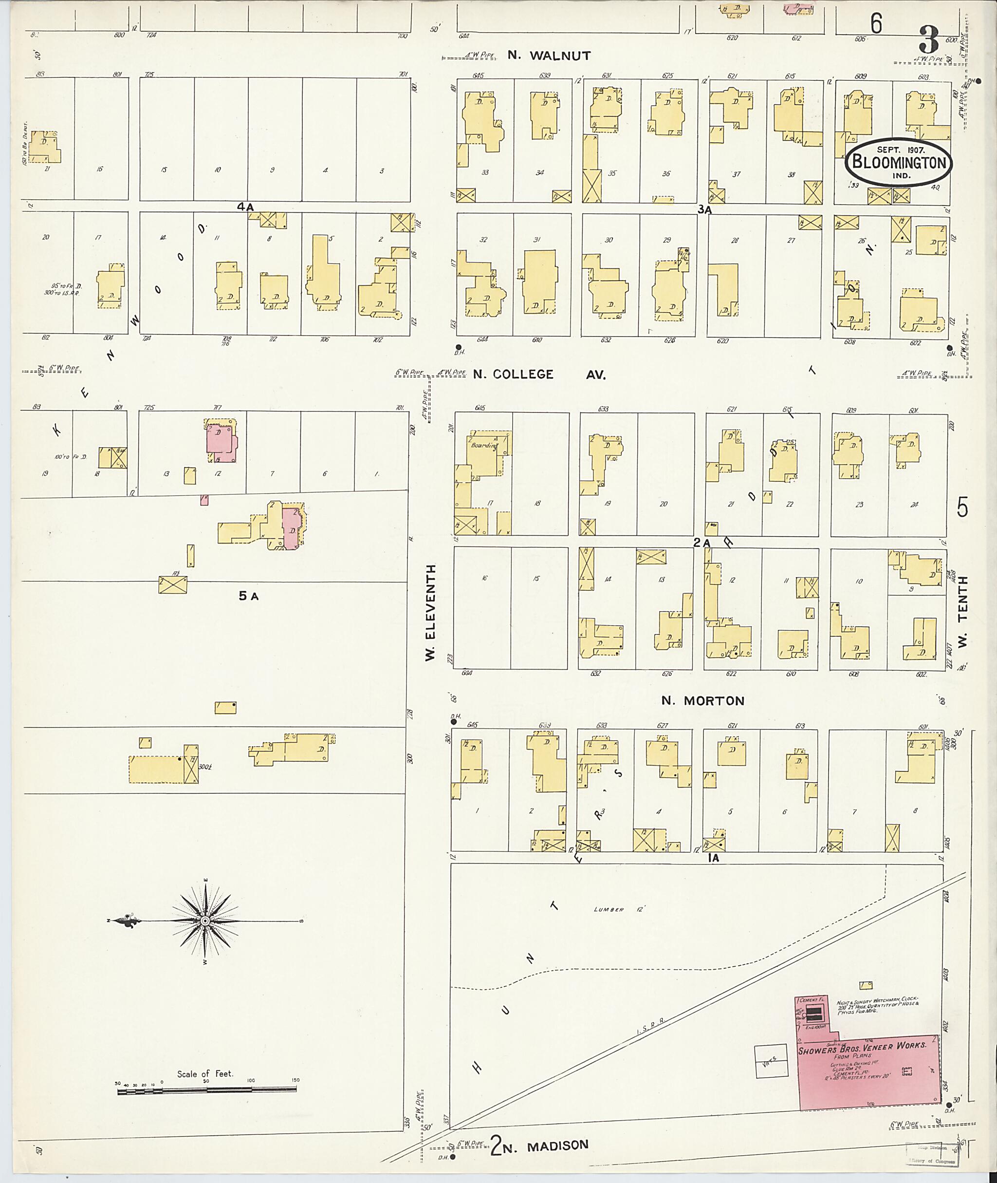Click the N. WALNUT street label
tap(549, 56)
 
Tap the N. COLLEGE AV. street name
tap(539, 375)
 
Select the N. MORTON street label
tap(703, 701)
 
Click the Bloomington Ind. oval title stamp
tap(899, 162)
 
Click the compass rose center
tap(205, 922)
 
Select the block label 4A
tap(245, 207)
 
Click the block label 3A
tap(704, 209)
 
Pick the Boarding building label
tap(484, 446)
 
